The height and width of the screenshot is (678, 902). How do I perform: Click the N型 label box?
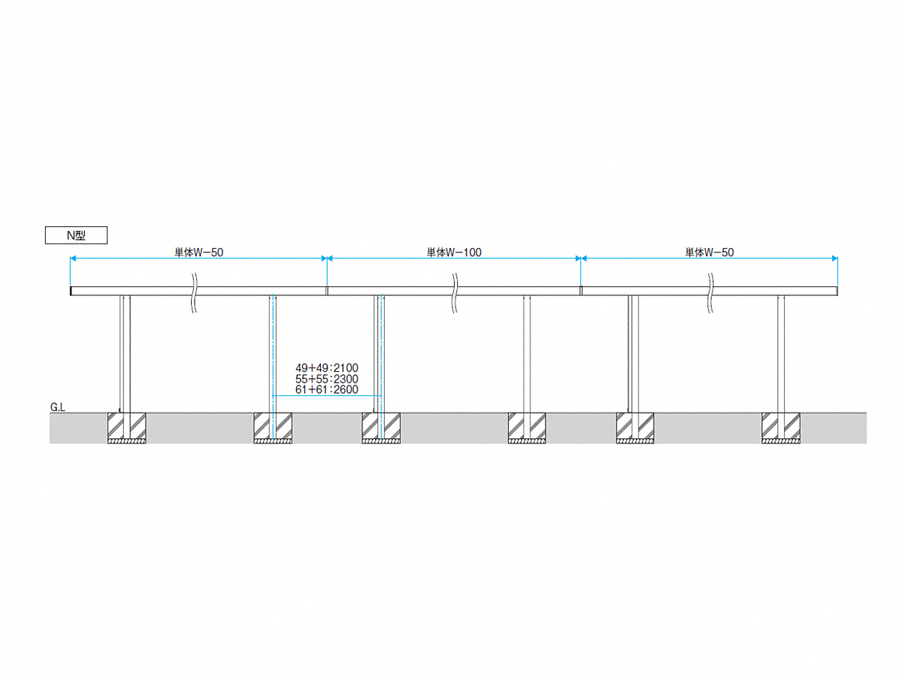76,235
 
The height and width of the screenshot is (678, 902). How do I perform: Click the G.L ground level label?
58,407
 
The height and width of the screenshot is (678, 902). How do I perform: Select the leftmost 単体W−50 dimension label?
199,253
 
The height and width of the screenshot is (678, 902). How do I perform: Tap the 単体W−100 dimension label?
454,253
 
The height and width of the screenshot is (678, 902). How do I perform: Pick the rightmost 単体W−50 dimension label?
710,253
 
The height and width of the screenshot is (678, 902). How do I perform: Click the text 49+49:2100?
327,368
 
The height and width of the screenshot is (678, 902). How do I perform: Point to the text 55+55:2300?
327,378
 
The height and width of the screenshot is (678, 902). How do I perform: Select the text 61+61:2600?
327,389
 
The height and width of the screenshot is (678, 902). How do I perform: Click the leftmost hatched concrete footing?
126,428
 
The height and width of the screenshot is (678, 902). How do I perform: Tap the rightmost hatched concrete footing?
781,428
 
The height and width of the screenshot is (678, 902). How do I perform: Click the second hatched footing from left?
273,428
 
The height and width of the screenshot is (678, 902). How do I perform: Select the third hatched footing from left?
381,428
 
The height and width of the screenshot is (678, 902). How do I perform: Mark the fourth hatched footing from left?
527,428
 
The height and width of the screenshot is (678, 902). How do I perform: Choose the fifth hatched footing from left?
635,428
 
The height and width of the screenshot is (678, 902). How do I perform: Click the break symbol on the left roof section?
195,293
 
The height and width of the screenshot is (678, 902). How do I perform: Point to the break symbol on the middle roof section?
455,293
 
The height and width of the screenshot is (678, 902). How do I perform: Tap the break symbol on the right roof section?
710,293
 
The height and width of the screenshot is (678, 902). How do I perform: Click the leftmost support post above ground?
125,354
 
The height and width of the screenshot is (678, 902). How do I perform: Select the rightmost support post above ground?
781,354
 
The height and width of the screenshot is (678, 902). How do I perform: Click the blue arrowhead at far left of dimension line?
73,259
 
